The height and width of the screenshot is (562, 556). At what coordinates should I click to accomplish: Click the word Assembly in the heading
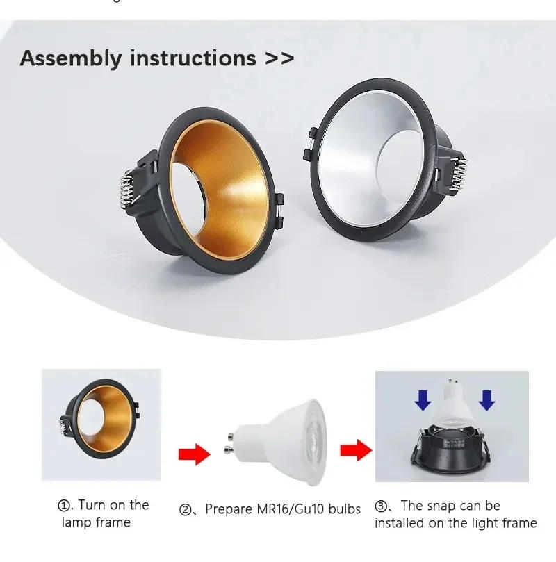(x=69, y=58)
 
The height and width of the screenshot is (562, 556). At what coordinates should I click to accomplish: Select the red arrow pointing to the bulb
(x=193, y=456)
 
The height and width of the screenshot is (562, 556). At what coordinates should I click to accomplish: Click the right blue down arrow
(x=486, y=399)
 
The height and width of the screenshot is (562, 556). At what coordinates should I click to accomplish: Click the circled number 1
(x=65, y=506)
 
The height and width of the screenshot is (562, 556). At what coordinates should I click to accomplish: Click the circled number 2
(x=185, y=510)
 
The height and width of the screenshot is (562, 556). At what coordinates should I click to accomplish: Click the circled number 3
(x=382, y=506)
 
